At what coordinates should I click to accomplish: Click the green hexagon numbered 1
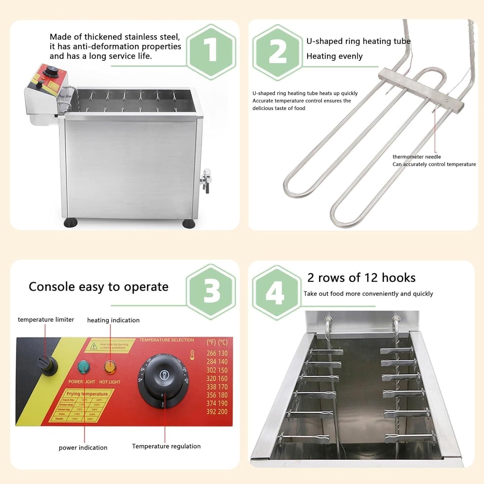click(x=211, y=52)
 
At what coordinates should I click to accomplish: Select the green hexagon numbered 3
click(x=211, y=292)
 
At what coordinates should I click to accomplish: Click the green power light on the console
click(x=84, y=367)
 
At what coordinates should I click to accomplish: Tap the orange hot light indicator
click(x=110, y=367)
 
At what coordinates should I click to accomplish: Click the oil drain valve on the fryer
click(x=206, y=181)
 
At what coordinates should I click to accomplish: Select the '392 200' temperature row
click(x=217, y=412)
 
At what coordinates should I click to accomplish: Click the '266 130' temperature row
click(x=217, y=353)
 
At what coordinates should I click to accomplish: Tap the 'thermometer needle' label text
click(x=416, y=157)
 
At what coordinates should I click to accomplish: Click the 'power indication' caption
click(x=83, y=448)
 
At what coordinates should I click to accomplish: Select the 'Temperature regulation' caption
click(x=166, y=446)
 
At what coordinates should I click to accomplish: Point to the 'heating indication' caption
click(x=113, y=320)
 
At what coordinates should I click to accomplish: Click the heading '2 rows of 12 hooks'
click(x=361, y=278)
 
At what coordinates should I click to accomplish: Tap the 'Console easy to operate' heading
click(x=98, y=287)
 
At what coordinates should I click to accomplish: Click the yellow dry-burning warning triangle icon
click(x=94, y=346)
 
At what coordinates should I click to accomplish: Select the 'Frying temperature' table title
click(x=87, y=394)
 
